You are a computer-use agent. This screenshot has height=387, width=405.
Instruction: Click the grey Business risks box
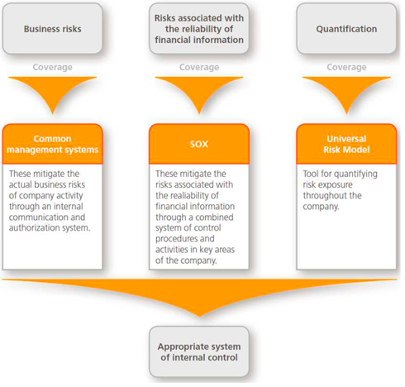[x=52, y=29]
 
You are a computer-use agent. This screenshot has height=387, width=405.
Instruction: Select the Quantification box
[x=346, y=29]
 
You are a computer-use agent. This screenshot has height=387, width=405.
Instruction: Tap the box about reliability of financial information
[x=199, y=29]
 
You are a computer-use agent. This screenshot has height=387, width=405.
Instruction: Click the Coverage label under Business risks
[x=52, y=67]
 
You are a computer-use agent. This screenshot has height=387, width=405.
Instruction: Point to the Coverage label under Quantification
[x=346, y=67]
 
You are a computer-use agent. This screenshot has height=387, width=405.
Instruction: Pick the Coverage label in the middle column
[x=199, y=67]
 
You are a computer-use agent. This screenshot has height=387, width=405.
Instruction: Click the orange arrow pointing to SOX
[x=199, y=91]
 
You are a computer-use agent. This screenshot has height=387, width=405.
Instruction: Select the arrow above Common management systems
[x=52, y=91]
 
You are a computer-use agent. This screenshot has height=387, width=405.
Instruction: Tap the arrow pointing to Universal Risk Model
[x=346, y=91]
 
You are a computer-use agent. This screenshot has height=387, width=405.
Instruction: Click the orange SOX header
[x=199, y=144]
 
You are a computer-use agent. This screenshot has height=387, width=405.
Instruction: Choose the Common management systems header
[x=52, y=144]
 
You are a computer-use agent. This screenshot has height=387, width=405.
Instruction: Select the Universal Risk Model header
[x=346, y=144]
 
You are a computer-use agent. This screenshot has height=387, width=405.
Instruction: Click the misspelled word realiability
[x=188, y=195]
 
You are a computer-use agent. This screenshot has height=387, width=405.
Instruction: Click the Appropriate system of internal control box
[x=199, y=351]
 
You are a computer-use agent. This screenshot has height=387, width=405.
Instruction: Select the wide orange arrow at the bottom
[x=199, y=295]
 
